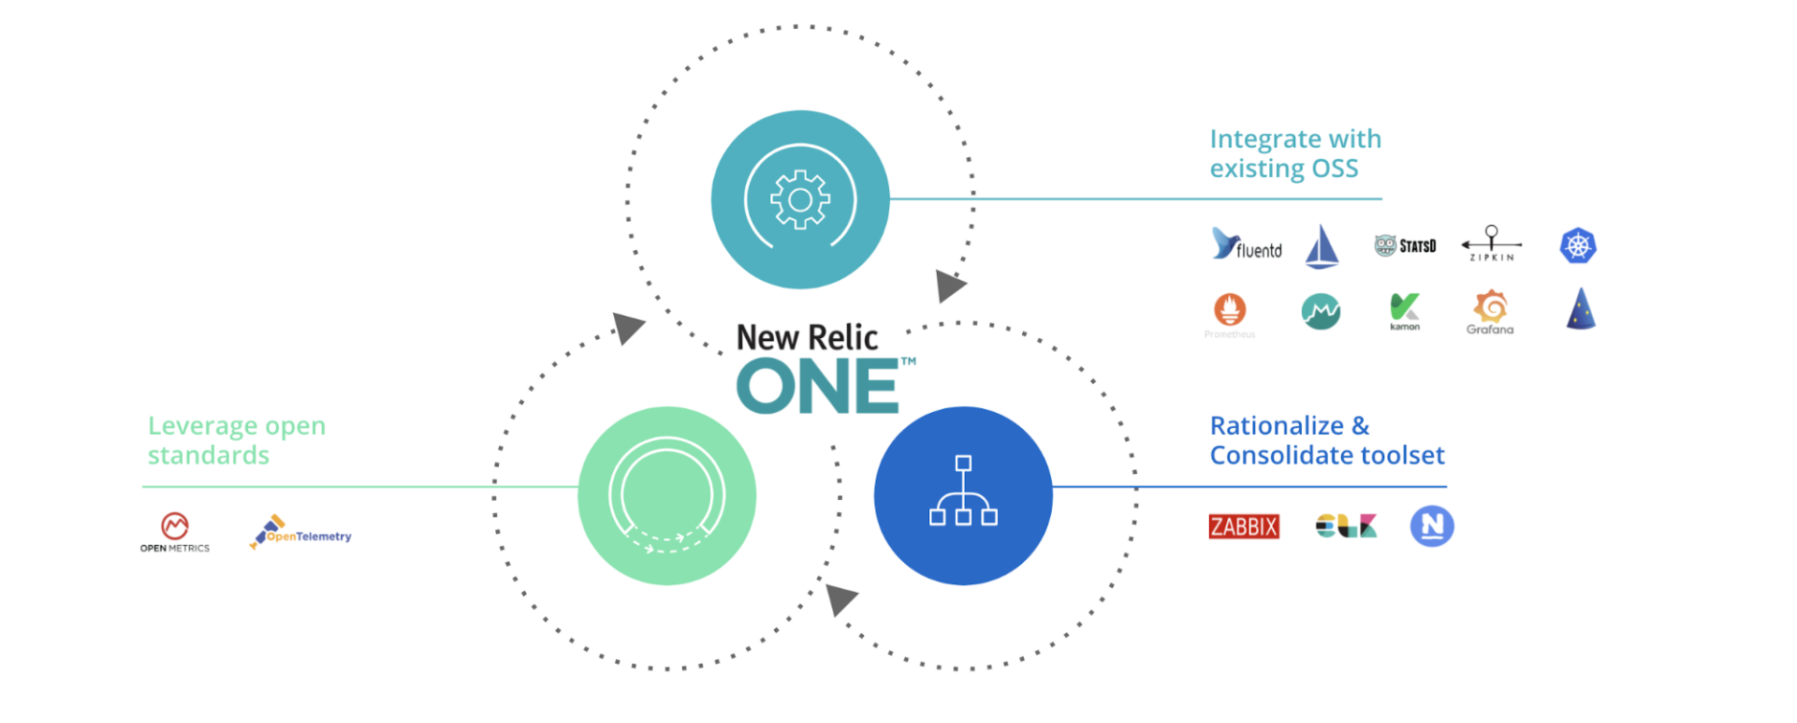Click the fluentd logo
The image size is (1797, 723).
(1246, 244)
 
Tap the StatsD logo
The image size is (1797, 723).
(1405, 245)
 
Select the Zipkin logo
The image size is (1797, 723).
(1491, 243)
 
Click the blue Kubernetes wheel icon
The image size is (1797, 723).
(1578, 246)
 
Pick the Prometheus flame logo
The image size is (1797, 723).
(1230, 310)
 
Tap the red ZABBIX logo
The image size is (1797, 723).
(1244, 526)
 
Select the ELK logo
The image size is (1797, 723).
(1346, 526)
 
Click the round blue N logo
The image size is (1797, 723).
(1432, 526)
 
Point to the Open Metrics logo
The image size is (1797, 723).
(175, 532)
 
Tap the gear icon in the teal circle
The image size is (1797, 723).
(800, 199)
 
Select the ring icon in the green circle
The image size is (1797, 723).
(666, 494)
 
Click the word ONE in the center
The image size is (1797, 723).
(818, 387)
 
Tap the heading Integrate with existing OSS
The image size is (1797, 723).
(1294, 154)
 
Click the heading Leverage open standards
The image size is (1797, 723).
(236, 440)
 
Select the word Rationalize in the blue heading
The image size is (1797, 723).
(1277, 426)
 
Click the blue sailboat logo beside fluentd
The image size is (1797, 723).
(1322, 247)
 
